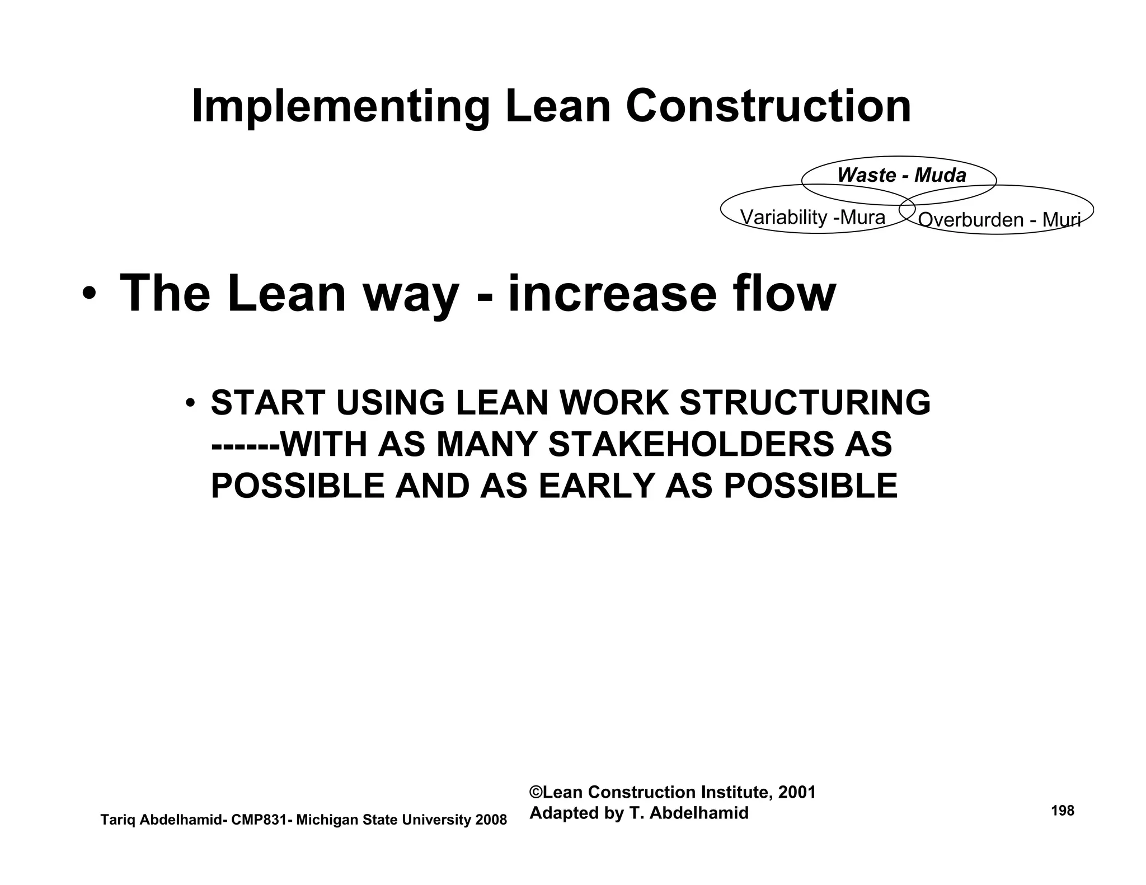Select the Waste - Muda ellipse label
click(x=901, y=175)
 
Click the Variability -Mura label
click(x=812, y=217)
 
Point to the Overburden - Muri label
click(x=999, y=220)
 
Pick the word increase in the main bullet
click(x=612, y=295)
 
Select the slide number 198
click(x=1063, y=811)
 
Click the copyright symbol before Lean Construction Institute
click(x=536, y=792)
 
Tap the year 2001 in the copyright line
click(x=797, y=792)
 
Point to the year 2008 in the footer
click(x=491, y=820)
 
